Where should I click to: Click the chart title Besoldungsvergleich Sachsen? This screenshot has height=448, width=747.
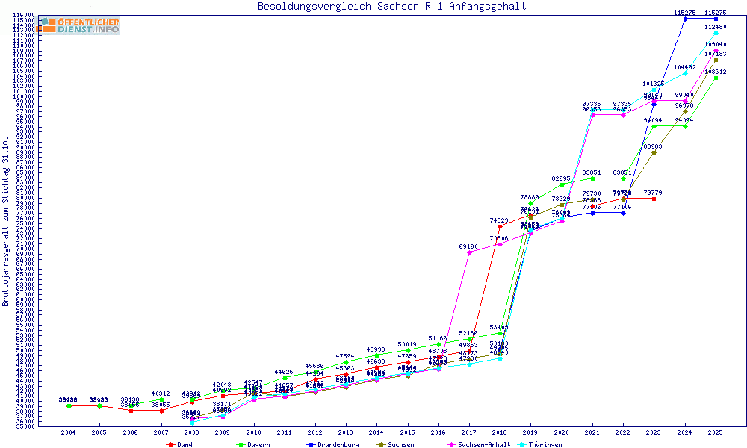coord(391,7)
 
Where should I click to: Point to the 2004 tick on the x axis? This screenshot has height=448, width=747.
coord(68,432)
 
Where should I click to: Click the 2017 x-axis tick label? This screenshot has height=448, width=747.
coord(469,432)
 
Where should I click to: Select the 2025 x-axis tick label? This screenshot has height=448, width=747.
coord(716,432)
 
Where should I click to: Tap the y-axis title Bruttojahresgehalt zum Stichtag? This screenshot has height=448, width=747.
coord(6,222)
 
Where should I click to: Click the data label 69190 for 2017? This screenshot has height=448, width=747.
coord(468,246)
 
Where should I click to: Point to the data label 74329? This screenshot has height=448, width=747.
coord(500,221)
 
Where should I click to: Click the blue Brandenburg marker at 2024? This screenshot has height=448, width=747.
coord(685,19)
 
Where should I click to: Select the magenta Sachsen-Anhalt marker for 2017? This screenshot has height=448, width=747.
coord(469,252)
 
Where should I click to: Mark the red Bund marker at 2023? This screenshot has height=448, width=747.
coord(654,199)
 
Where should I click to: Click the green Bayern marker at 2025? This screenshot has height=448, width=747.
coord(716,77)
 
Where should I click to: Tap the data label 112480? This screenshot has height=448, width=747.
coord(716,27)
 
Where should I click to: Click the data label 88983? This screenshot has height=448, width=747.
coord(654,146)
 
